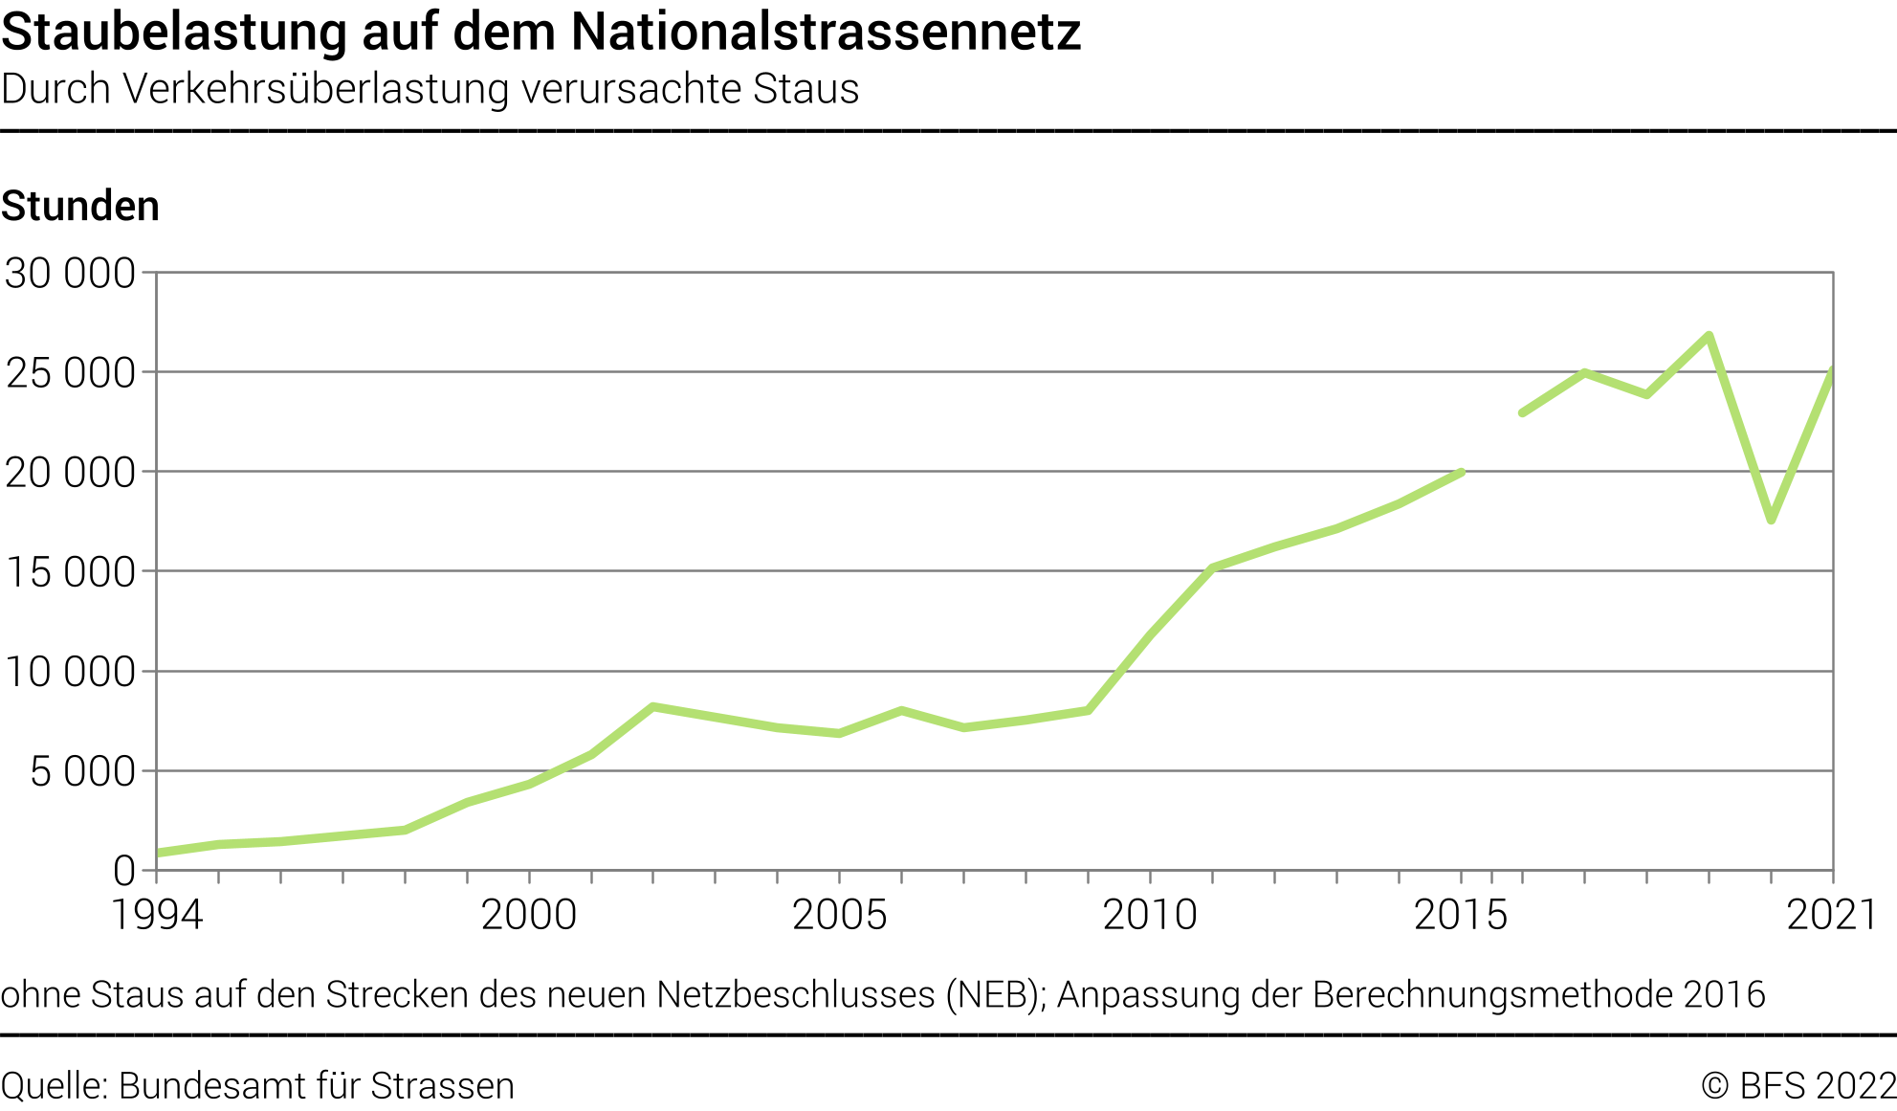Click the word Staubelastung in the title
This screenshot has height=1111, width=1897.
[x=173, y=33]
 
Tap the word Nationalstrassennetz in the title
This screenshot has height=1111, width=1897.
[x=826, y=33]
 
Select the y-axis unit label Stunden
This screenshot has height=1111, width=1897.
[x=80, y=207]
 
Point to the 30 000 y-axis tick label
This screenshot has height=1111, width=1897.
[x=70, y=274]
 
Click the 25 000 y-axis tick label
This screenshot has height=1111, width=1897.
[x=70, y=373]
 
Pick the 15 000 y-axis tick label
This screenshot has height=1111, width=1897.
[x=70, y=572]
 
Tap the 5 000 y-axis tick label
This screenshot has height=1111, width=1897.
[x=82, y=771]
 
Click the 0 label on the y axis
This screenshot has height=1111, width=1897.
[x=124, y=871]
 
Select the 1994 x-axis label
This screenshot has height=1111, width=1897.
[x=157, y=915]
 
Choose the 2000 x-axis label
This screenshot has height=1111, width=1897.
[x=529, y=915]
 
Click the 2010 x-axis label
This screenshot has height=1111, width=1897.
[x=1150, y=915]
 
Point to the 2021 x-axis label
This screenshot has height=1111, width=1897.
[x=1831, y=915]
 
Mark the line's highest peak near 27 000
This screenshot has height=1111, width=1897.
[x=1709, y=335]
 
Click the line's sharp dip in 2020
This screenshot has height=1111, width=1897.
[x=1772, y=520]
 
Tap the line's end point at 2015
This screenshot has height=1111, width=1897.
[x=1461, y=472]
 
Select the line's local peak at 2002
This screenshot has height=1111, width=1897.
[x=652, y=707]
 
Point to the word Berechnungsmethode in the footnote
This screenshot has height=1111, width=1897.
[x=1492, y=995]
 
